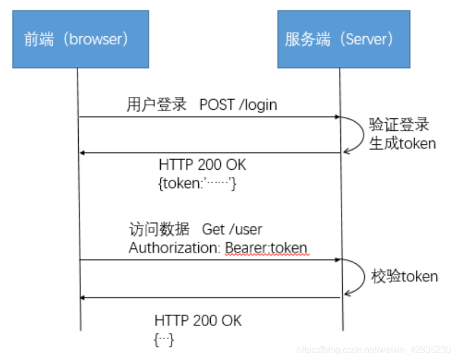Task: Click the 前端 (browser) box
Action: coord(80,39)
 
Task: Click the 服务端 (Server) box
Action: coord(343,39)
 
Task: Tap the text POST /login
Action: coord(238,105)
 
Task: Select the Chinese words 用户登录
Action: coord(156,105)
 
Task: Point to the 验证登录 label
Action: coord(399,124)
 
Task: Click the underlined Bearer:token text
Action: coord(266,248)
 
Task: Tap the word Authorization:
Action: coord(175,248)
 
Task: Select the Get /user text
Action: coord(233,229)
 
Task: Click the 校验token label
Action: coord(404,276)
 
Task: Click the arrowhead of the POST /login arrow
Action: coord(336,117)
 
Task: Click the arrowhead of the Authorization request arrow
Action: coord(336,260)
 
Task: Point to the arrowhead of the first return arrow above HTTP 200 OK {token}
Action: coord(83,153)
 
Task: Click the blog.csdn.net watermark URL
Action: coord(374,350)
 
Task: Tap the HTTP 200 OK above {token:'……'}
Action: coord(202,165)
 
